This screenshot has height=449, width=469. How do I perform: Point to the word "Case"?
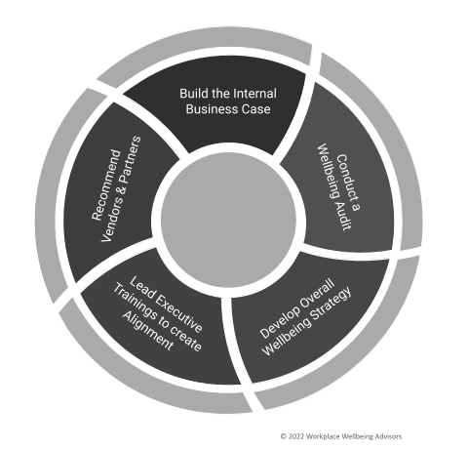257,109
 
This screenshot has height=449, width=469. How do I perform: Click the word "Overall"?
317,294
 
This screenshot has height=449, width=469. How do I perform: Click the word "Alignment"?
148,331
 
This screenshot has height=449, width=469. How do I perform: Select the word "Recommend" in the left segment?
105,184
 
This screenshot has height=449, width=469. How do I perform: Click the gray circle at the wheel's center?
228,220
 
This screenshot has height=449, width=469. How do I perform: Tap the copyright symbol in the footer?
284,436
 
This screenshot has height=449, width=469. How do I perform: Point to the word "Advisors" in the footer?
388,436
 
